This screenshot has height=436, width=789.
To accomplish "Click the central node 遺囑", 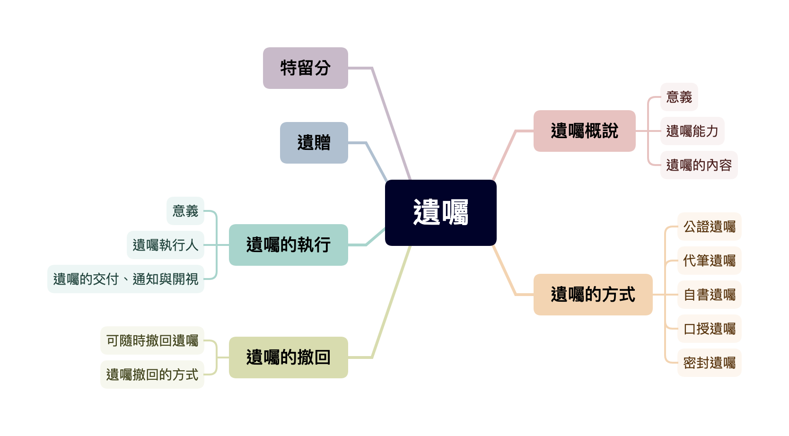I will [440, 212].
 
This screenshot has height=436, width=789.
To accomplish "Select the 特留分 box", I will [306, 68].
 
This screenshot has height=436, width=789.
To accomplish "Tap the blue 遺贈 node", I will [314, 143].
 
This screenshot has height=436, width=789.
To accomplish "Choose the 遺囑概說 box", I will [584, 131].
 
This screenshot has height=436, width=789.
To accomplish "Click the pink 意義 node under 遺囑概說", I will [679, 97].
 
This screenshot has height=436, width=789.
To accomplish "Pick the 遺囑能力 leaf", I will [692, 131].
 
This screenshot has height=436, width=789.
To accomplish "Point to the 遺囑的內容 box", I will [699, 165].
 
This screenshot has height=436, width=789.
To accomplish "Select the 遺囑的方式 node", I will [593, 295].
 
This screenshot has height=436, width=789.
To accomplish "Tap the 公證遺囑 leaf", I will [709, 227].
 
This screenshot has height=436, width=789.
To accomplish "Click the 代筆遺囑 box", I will [709, 261].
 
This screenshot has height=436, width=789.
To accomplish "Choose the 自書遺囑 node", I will [709, 295].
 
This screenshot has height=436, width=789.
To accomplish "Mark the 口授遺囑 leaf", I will [709, 329].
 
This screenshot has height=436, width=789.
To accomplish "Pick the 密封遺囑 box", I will [709, 363].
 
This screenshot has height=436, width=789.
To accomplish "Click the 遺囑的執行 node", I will [288, 245].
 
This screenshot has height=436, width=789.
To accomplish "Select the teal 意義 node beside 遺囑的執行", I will [185, 211].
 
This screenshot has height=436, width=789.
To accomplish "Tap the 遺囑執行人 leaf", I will [166, 245].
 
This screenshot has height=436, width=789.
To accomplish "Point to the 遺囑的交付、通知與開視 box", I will [126, 279].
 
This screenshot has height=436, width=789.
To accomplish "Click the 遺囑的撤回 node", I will [288, 358].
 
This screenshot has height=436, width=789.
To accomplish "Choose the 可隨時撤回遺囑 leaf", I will [152, 340].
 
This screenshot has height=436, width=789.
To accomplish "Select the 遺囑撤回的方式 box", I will [152, 375].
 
